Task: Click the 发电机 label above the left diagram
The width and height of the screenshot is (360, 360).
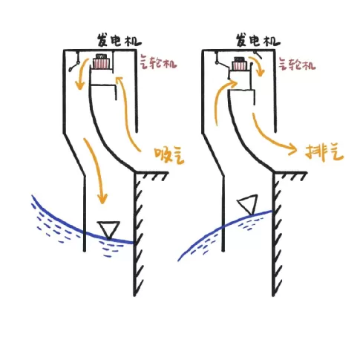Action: click(119, 41)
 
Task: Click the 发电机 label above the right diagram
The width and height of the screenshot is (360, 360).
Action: click(258, 41)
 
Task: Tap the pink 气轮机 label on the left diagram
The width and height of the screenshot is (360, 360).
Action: click(158, 62)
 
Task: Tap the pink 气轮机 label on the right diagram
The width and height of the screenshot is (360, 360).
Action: click(297, 63)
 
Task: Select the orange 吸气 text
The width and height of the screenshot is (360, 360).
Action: click(169, 156)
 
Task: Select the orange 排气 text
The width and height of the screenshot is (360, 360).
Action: click(324, 153)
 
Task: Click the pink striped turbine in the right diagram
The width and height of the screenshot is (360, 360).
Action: click(240, 65)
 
